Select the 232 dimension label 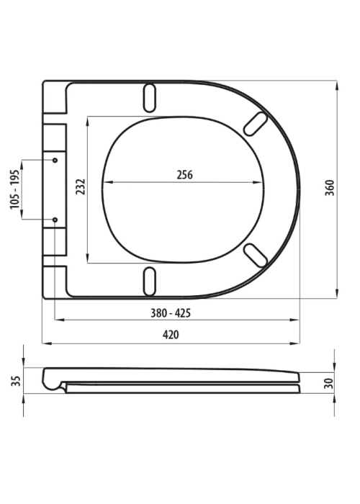click(x=81, y=186)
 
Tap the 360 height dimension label click(x=330, y=188)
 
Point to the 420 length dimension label click(x=171, y=335)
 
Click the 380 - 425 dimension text click(x=171, y=312)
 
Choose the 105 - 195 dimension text click(x=15, y=189)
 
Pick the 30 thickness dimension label click(x=329, y=383)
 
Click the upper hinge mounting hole click(x=55, y=160)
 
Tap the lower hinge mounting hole click(x=55, y=220)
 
